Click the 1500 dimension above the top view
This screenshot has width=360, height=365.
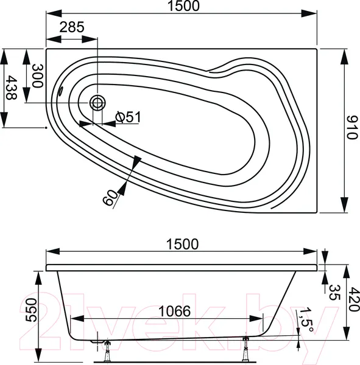pyautogui.click(x=183, y=6)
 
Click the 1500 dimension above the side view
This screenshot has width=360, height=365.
pyautogui.click(x=182, y=244)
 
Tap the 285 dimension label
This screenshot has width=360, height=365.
pyautogui.click(x=72, y=27)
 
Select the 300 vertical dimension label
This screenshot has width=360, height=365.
pyautogui.click(x=38, y=75)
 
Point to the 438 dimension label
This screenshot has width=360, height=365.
pyautogui.click(x=11, y=87)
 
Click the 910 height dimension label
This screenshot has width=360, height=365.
pyautogui.click(x=351, y=127)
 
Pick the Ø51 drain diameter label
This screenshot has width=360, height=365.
pyautogui.click(x=129, y=117)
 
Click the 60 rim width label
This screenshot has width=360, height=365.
pyautogui.click(x=110, y=198)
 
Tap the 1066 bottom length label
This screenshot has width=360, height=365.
pyautogui.click(x=174, y=311)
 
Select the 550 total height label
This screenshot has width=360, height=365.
pyautogui.click(x=31, y=310)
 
